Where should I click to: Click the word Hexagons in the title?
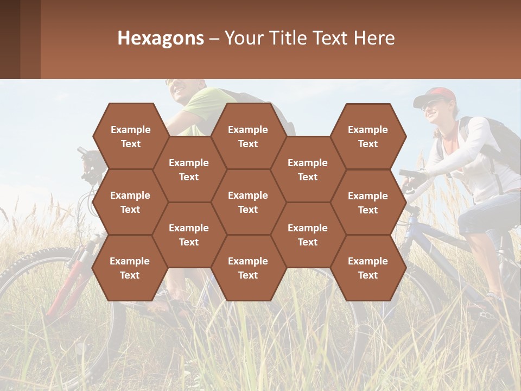point(161,38)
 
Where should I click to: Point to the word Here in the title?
point(374,38)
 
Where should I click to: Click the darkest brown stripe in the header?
point(10,39)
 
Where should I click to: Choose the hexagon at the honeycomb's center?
point(248,202)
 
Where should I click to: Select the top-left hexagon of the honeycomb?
point(130,136)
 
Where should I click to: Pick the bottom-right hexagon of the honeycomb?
point(368,268)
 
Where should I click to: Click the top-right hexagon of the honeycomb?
point(368,136)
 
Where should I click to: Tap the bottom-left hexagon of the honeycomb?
point(130,268)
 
